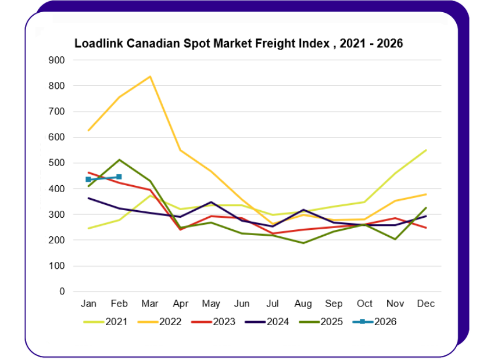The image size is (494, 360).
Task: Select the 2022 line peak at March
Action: [150, 77]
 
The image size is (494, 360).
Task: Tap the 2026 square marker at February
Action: [119, 177]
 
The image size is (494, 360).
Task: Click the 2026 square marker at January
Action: [88, 179]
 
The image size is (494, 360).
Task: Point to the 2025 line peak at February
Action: [119, 160]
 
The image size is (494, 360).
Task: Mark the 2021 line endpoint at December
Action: [426, 150]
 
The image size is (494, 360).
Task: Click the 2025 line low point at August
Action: [303, 243]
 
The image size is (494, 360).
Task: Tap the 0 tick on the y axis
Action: [62, 291]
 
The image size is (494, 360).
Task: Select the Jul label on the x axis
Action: [272, 304]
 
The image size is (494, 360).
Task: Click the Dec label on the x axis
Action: [426, 304]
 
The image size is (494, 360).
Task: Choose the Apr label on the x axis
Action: [180, 304]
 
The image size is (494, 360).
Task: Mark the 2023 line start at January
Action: [88, 172]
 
